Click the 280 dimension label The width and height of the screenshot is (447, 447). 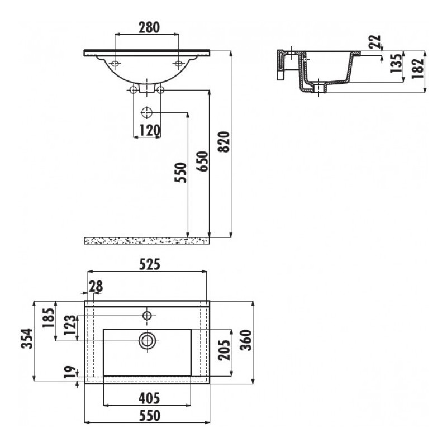click(x=149, y=27)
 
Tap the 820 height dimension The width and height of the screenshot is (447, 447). click(x=223, y=142)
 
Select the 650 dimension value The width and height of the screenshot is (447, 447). click(x=202, y=161)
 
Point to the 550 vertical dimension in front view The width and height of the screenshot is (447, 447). click(x=180, y=173)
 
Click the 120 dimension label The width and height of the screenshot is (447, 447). click(x=150, y=130)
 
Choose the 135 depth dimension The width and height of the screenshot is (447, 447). click(x=396, y=63)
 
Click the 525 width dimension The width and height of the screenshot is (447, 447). click(x=150, y=264)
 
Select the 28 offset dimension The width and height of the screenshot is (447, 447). click(x=96, y=286)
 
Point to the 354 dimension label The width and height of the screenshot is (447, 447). click(x=27, y=339)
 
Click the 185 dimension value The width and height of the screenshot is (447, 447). click(x=48, y=318)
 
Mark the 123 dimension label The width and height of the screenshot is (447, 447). click(x=70, y=325)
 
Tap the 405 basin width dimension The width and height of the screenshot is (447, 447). click(x=149, y=398)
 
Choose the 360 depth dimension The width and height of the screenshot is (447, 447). click(x=246, y=340)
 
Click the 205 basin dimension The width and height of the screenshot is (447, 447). click(x=224, y=350)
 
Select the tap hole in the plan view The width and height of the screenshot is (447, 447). click(x=147, y=316)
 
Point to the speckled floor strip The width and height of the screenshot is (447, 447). click(x=147, y=241)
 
